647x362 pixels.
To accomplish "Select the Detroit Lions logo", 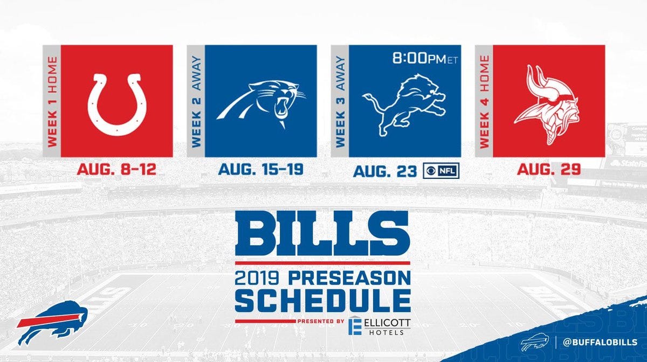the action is tap(404, 105).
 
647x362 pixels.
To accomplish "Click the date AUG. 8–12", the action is tap(116, 169).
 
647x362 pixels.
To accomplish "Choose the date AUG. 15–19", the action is tap(260, 169).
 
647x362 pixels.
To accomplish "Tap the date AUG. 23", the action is tap(385, 171).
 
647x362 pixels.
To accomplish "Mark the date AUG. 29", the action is tap(548, 169).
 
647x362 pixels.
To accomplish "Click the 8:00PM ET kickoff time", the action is tap(425, 59).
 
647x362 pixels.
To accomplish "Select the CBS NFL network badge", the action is tap(441, 171).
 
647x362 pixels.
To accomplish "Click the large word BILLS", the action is tap(322, 233).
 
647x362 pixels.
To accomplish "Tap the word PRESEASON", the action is tap(349, 279).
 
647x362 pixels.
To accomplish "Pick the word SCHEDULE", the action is tap(323, 301).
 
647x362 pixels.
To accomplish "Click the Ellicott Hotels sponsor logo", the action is tap(379, 326).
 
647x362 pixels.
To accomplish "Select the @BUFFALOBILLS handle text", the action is tap(600, 343).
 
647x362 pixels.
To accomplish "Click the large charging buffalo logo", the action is tap(52, 323).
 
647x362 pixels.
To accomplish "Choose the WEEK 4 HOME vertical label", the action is tap(484, 102).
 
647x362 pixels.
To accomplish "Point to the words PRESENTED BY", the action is tap(321, 321).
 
